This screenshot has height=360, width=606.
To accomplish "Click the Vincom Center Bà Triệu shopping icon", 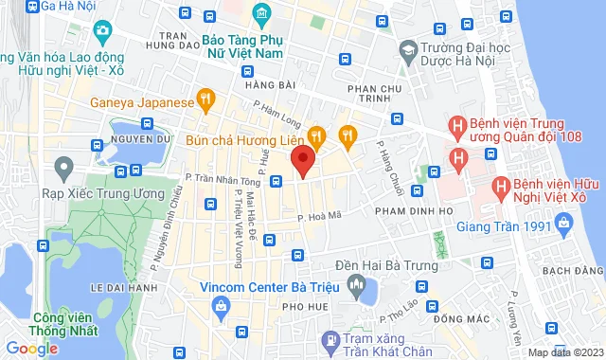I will click(220, 306).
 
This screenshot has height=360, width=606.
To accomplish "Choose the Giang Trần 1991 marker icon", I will click(565, 225).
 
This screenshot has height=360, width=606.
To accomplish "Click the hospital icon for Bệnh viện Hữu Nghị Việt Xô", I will click(498, 188).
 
